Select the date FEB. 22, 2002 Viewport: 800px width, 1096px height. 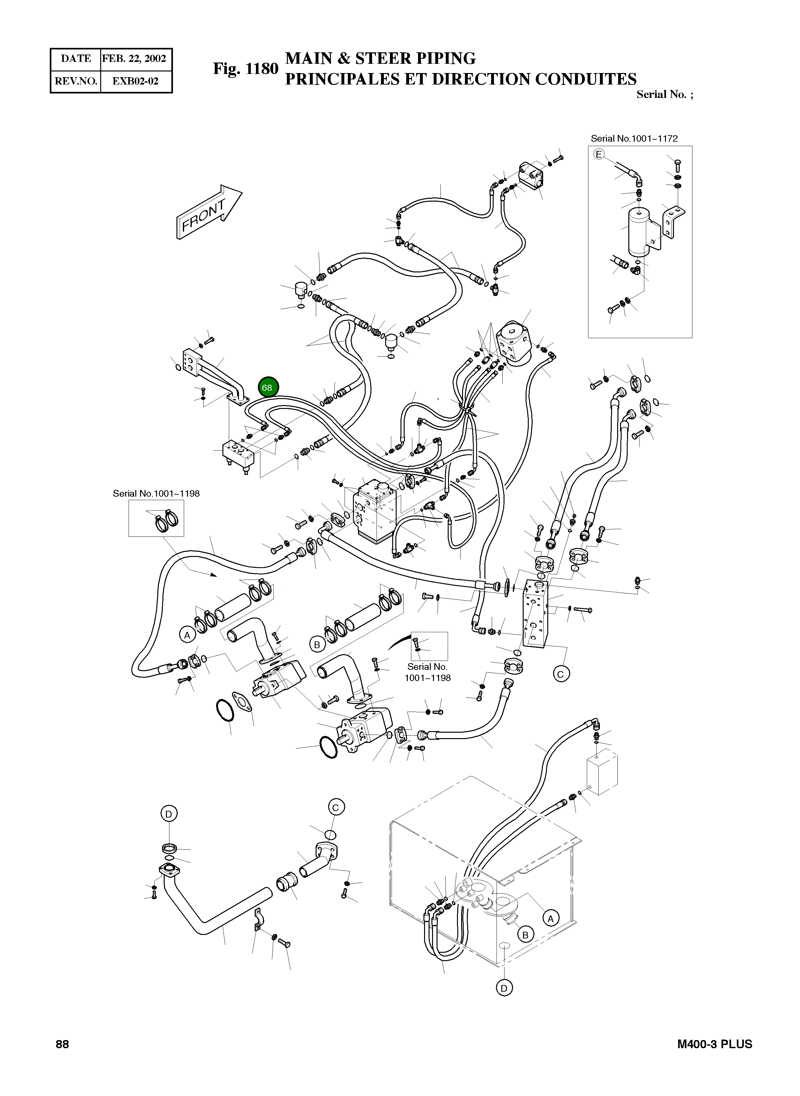click(134, 59)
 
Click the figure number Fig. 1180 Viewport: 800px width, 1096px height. click(245, 69)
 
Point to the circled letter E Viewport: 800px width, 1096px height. click(599, 154)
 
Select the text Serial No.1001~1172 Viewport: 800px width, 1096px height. click(634, 138)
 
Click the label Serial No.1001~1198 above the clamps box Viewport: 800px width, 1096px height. click(156, 493)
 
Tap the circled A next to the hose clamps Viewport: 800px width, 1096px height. click(187, 635)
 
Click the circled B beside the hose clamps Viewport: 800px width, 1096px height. click(317, 644)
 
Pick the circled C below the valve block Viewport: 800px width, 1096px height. click(561, 674)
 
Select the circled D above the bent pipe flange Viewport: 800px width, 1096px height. click(168, 814)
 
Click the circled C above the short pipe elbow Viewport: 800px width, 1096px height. click(336, 807)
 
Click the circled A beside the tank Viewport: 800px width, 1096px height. click(550, 918)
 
